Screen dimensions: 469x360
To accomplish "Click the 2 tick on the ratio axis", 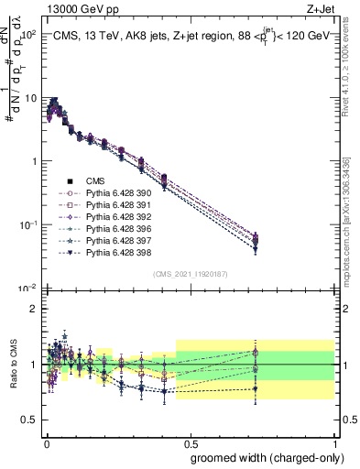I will pyautogui.click(x=33, y=309).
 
